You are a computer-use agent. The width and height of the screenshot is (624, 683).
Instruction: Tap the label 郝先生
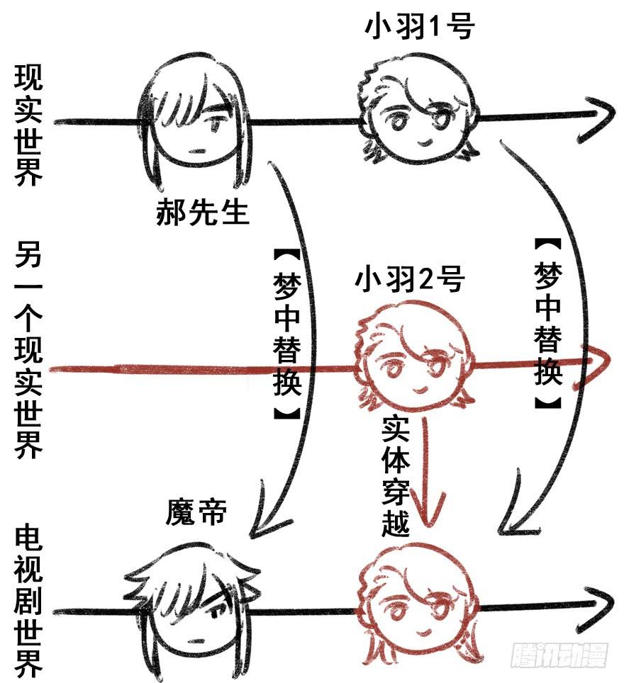[x=204, y=211]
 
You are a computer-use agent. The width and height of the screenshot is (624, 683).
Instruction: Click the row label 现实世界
[x=28, y=126]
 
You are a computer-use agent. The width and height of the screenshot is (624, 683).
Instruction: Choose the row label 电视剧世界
[x=28, y=602]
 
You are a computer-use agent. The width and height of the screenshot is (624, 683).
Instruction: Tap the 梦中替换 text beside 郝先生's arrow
[x=286, y=333]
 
